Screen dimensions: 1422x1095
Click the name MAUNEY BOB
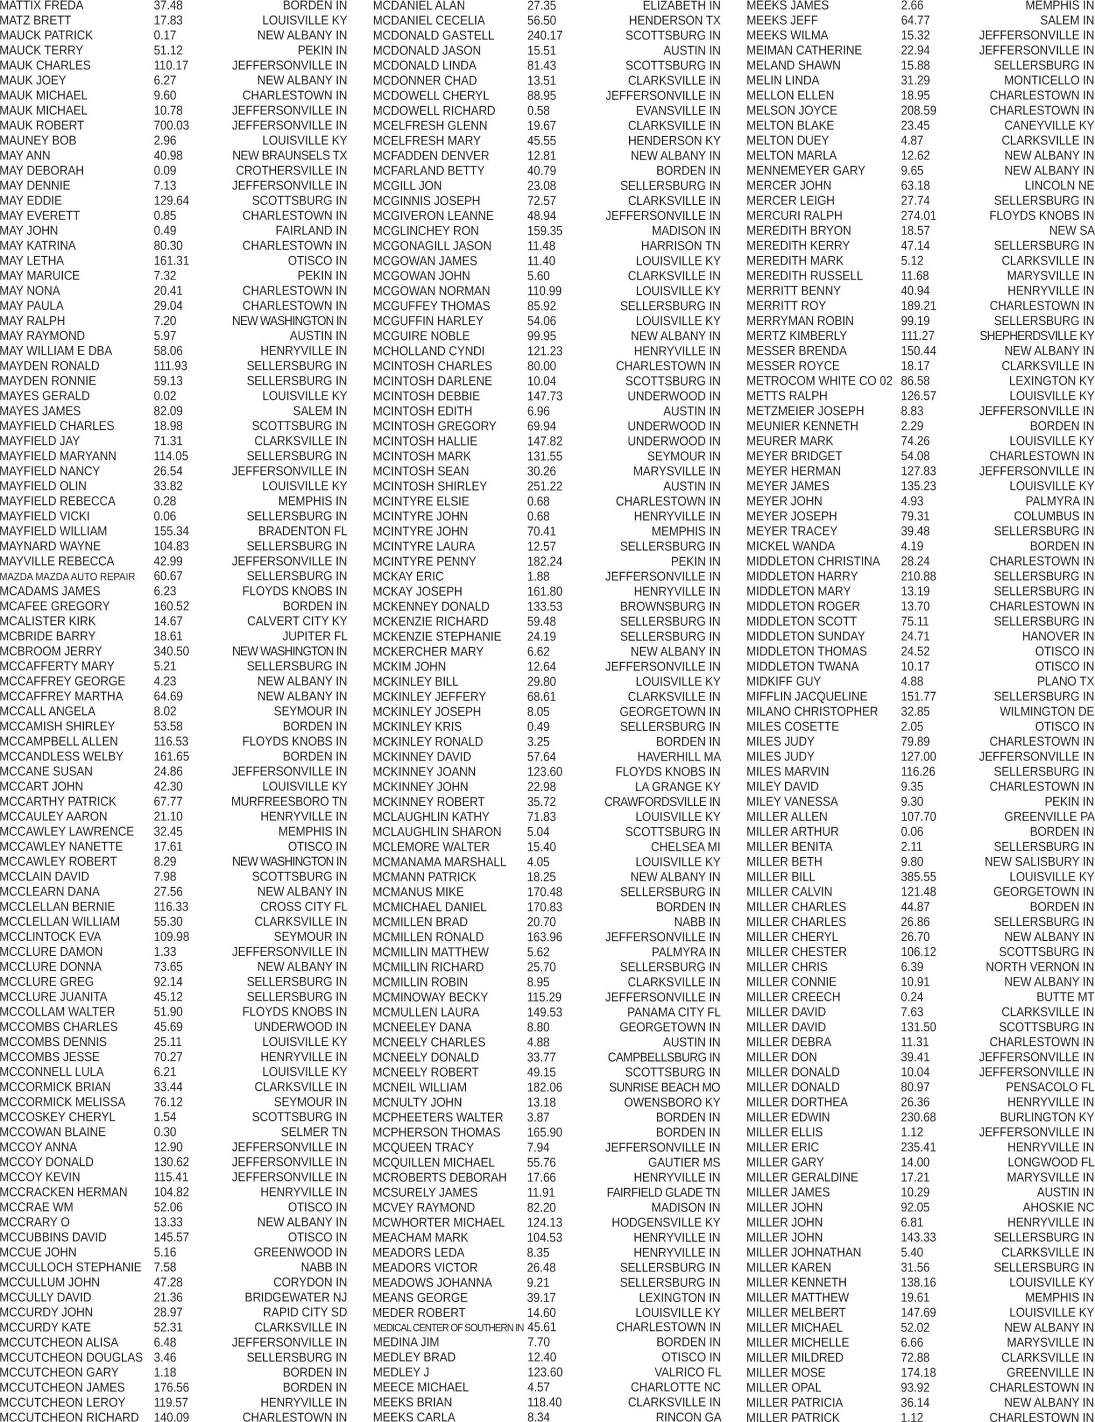click(x=38, y=141)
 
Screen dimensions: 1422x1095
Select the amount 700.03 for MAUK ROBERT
click(x=171, y=126)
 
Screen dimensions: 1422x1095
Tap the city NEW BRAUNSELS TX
click(x=289, y=156)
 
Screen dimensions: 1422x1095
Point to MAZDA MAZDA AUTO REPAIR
click(x=68, y=577)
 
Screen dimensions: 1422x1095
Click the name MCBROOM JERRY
click(x=51, y=652)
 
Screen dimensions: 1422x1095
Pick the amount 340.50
click(x=171, y=652)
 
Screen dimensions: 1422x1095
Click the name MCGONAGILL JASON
click(x=431, y=246)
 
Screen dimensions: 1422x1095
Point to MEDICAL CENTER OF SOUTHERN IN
click(x=448, y=1328)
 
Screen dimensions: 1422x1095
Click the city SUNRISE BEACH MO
click(x=664, y=1088)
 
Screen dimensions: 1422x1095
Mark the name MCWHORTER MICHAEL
click(x=438, y=1223)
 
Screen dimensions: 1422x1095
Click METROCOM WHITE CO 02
click(x=819, y=381)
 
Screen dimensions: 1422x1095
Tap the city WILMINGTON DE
click(x=1046, y=712)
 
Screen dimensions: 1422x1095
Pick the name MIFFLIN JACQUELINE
click(x=807, y=697)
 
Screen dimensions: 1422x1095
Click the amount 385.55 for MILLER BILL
click(x=918, y=877)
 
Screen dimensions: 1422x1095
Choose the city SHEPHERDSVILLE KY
click(x=1036, y=336)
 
